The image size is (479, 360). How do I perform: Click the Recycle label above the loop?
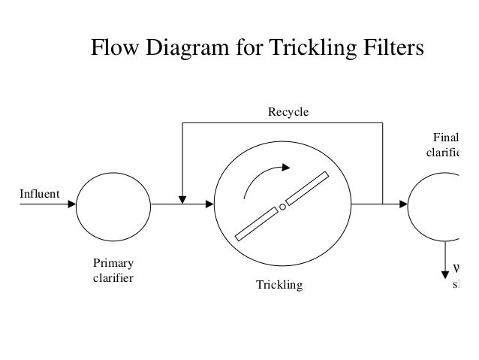[288, 112]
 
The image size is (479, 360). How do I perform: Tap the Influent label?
[39, 194]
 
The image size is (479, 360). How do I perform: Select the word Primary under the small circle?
[113, 265]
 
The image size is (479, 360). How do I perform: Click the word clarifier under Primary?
[113, 279]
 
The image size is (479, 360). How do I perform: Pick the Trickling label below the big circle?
[279, 286]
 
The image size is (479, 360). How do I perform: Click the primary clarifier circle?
[113, 204]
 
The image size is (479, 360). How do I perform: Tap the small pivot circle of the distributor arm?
[282, 207]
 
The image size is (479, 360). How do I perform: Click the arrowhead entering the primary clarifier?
[71, 203]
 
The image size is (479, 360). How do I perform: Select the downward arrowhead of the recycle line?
[182, 199]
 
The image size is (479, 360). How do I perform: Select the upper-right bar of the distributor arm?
[308, 189]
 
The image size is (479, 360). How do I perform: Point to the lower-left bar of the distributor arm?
[256, 225]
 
